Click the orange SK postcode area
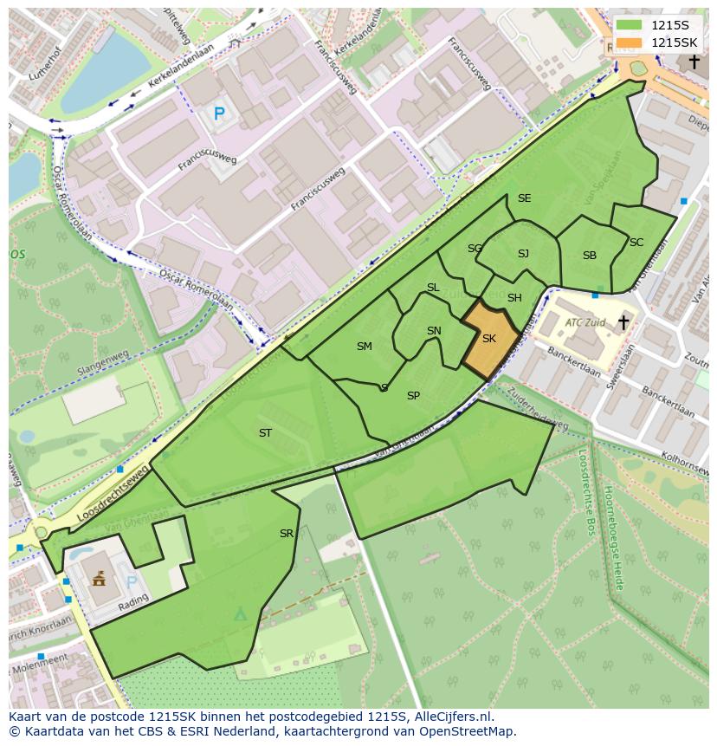coord(489,339)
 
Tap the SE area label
coord(524,198)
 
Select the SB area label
coord(590,256)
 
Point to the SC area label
coord(636,243)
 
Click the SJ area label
coord(523,254)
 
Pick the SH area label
coord(514,298)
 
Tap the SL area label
coord(433,288)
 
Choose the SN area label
coord(434,331)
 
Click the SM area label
coord(365,347)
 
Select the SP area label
coord(413,396)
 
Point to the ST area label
coord(265,432)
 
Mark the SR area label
coord(287,534)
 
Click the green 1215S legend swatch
coord(630,25)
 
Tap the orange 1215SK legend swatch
coord(630,42)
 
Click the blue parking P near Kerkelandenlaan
coord(219,113)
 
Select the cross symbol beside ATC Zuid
coord(623,322)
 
